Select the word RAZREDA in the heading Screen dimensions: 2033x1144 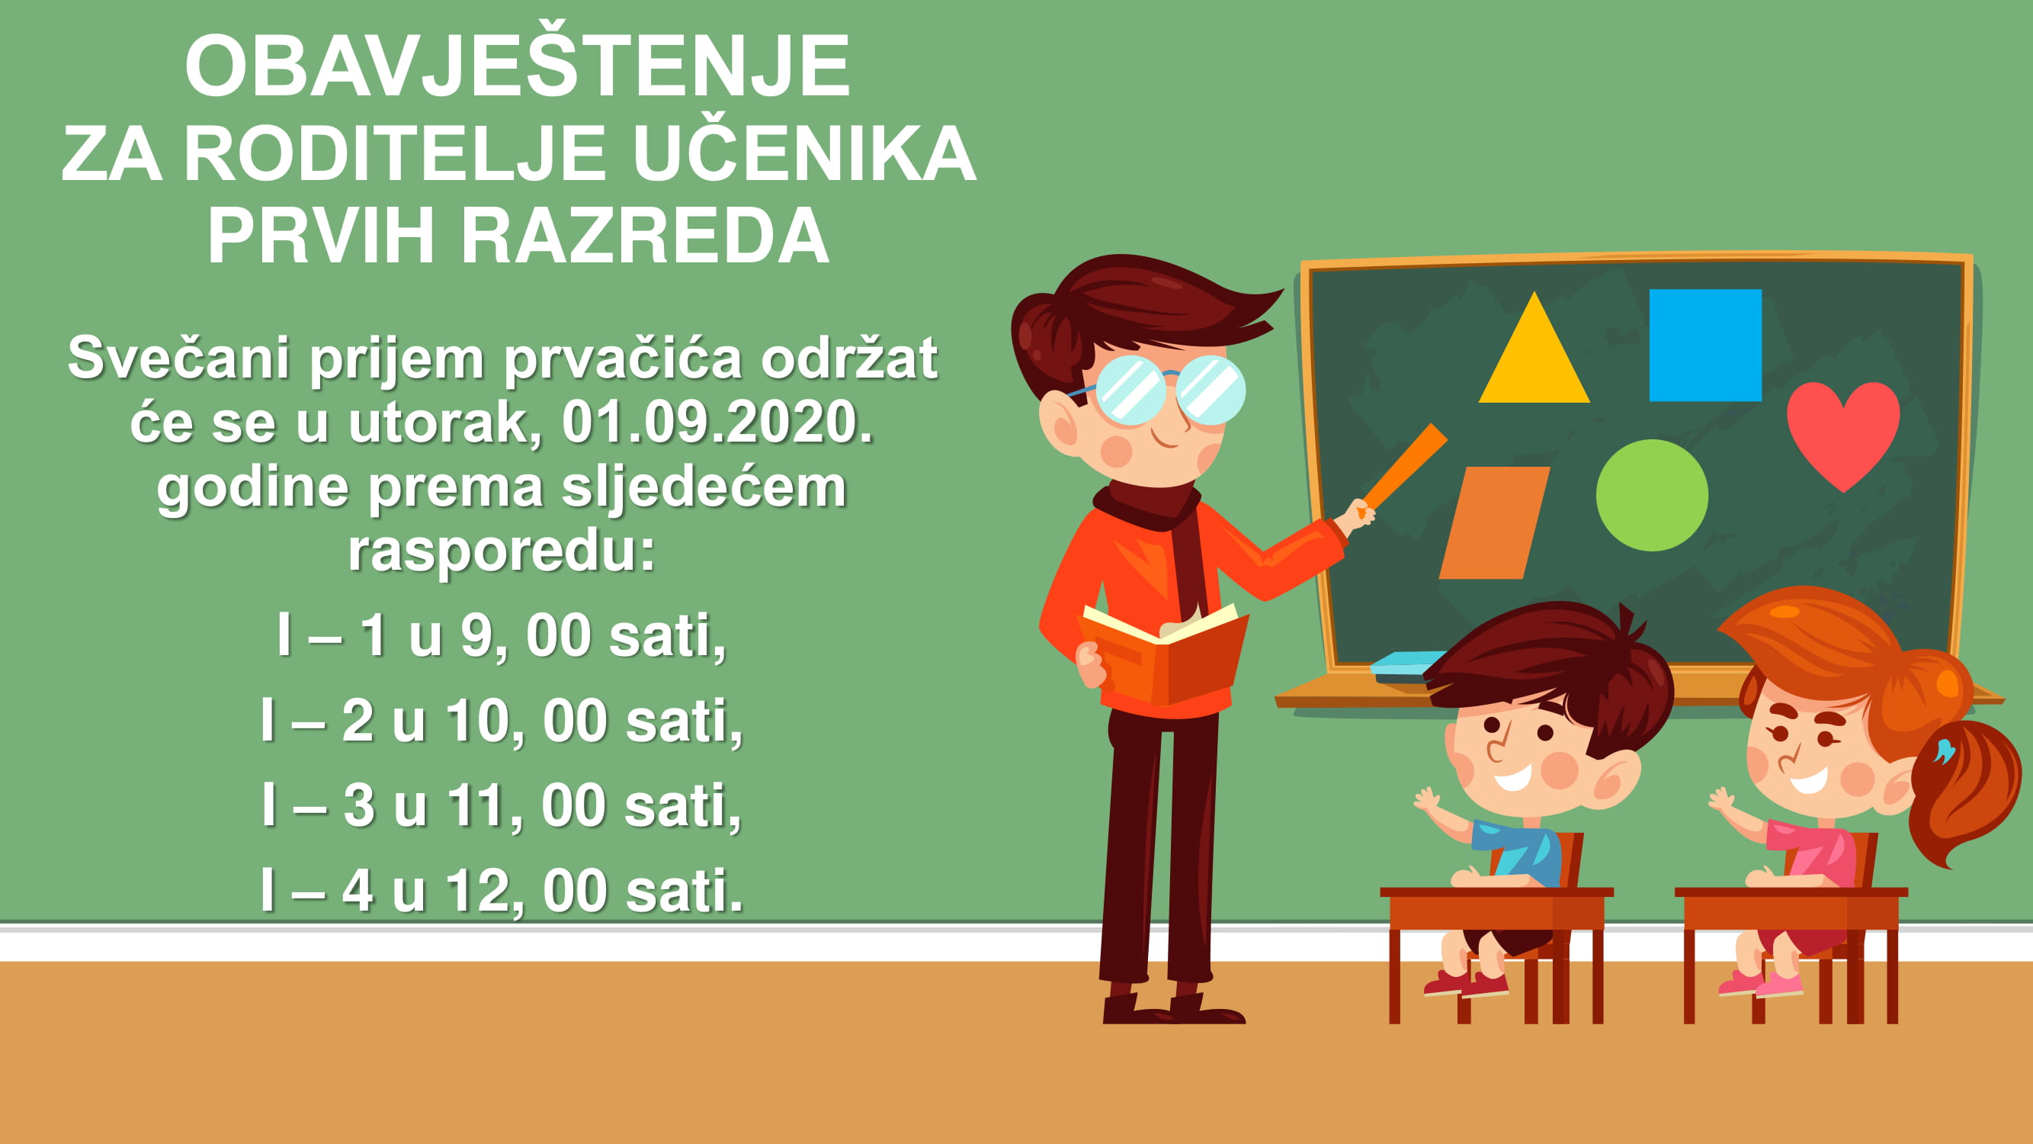(644, 235)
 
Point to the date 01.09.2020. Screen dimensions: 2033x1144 (717, 423)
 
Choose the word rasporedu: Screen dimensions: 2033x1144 (502, 552)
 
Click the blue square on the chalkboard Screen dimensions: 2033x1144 (1705, 345)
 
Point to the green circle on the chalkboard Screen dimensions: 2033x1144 (1652, 495)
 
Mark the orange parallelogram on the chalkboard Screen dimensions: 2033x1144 (1494, 522)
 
